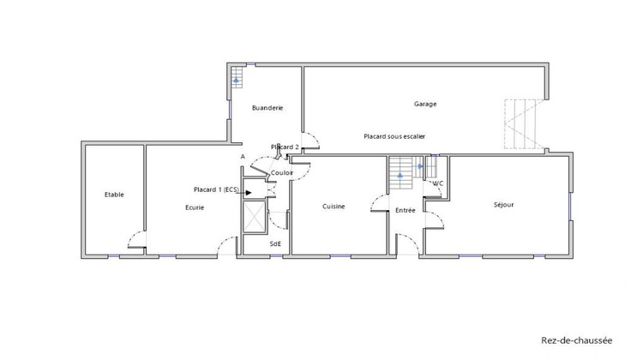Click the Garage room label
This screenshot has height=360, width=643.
point(425,104)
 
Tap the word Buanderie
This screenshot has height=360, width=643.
point(267,108)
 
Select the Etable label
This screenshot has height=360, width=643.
point(114,195)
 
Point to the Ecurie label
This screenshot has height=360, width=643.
point(195,207)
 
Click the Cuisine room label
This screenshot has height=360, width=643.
point(334,207)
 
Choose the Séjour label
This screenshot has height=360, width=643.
point(503,205)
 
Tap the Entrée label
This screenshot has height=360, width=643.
point(405,210)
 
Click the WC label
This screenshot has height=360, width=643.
point(437,183)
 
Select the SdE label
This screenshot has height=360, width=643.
point(275,243)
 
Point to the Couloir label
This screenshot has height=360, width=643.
point(282,173)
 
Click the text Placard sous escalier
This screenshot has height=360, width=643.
point(394,136)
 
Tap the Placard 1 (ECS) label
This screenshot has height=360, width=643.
point(216,189)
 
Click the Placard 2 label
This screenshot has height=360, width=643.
point(285,147)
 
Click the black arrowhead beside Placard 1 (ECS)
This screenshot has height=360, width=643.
point(248,192)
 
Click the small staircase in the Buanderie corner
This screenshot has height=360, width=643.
point(237,81)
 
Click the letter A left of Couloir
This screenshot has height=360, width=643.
point(243,157)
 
